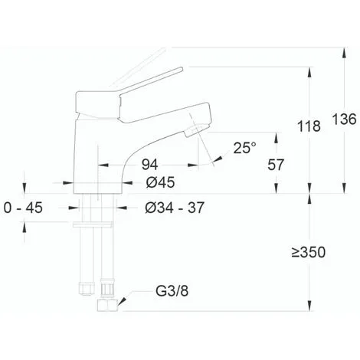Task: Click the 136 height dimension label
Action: coord(344,119)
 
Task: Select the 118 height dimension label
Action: coord(309,126)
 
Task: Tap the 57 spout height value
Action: coord(276,165)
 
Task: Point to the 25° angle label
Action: coord(244,148)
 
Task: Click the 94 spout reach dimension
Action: coord(150,165)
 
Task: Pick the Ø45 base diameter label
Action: coord(160,182)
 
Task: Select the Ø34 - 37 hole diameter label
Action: coord(175,208)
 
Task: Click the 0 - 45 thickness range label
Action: coord(23,208)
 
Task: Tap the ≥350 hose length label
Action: coord(309,252)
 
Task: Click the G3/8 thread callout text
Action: coord(172,291)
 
